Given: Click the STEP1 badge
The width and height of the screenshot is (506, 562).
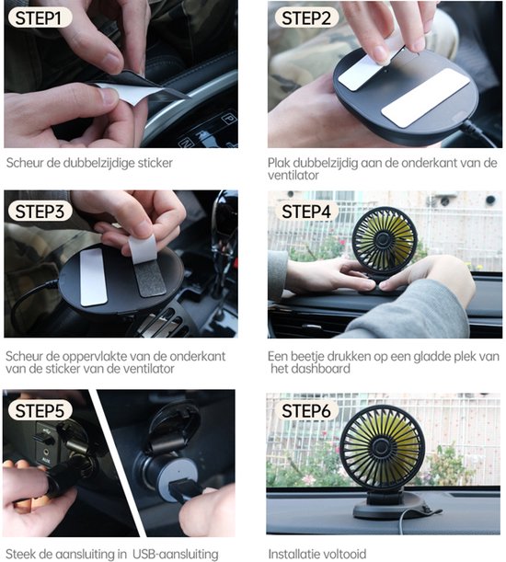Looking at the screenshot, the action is coord(40,17).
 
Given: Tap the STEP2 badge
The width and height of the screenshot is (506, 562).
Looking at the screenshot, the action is coord(305,17).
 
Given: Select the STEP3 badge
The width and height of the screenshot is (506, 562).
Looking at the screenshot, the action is coord(40,211).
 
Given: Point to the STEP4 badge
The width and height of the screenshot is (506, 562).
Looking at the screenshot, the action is coord(305,211).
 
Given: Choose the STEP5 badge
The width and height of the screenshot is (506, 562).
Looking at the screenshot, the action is coord(40,410).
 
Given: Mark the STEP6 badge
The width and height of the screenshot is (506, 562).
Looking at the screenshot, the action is coord(305,410).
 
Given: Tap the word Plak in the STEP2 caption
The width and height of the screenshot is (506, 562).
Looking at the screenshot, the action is coord(279,163).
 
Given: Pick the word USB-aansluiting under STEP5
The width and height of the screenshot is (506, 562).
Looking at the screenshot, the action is coord(176,554).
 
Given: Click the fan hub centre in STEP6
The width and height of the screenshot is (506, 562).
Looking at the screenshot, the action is coord(381,447).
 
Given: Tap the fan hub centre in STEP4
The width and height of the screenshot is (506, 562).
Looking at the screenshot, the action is coord(383,238).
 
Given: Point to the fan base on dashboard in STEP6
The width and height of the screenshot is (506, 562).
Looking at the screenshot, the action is coord(388,504).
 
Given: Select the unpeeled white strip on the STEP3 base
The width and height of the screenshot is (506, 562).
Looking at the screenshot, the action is coord(93,278).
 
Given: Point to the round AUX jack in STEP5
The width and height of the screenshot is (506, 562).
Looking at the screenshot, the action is coord(45,453).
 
